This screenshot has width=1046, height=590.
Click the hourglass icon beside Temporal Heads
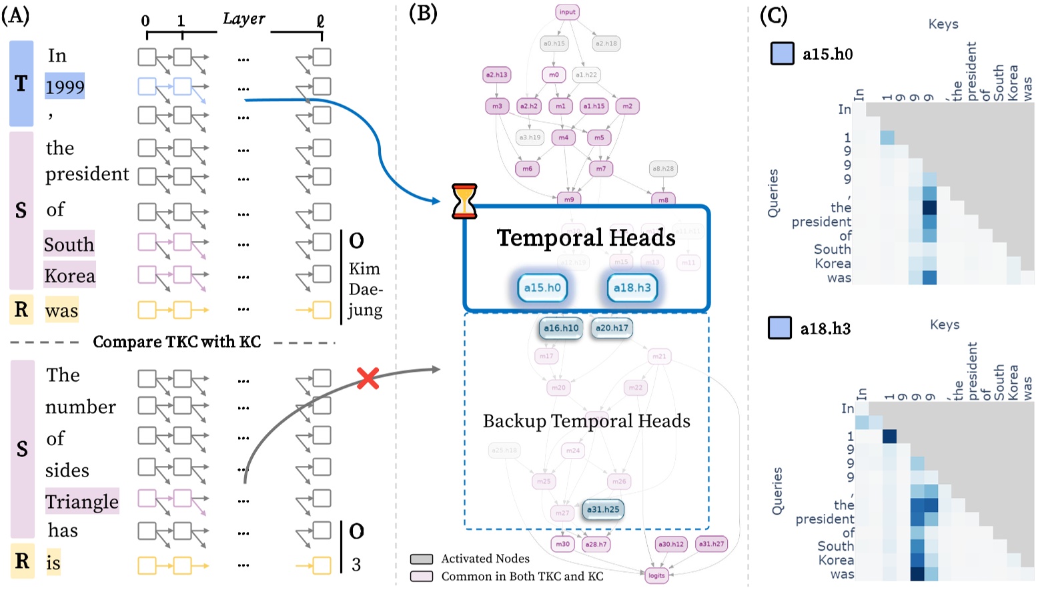tap(464, 201)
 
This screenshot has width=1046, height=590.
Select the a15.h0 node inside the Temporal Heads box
tap(542, 288)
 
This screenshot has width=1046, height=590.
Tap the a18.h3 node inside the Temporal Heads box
tap(632, 288)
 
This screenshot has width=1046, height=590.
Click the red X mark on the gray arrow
tap(368, 378)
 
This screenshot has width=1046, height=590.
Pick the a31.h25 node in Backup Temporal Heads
tap(603, 509)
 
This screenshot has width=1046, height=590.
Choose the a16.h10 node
tap(561, 328)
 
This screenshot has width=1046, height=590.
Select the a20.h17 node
tap(612, 328)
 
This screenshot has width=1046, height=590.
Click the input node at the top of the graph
tap(567, 12)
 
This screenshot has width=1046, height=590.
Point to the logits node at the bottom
tap(656, 575)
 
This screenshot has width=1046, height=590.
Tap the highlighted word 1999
tap(65, 87)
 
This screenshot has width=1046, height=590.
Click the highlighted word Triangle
tap(82, 501)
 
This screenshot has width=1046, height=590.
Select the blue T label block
tap(21, 83)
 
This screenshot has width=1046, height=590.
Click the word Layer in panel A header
tap(243, 19)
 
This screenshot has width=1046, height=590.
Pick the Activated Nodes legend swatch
tap(422, 559)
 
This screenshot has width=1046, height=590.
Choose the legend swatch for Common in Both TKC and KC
tap(422, 576)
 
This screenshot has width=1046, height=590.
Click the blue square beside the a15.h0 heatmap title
tap(782, 53)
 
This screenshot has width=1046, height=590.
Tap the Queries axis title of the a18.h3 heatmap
tap(777, 491)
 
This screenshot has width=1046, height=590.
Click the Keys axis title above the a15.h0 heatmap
tap(943, 24)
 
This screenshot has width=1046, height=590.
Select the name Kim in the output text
tap(364, 269)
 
